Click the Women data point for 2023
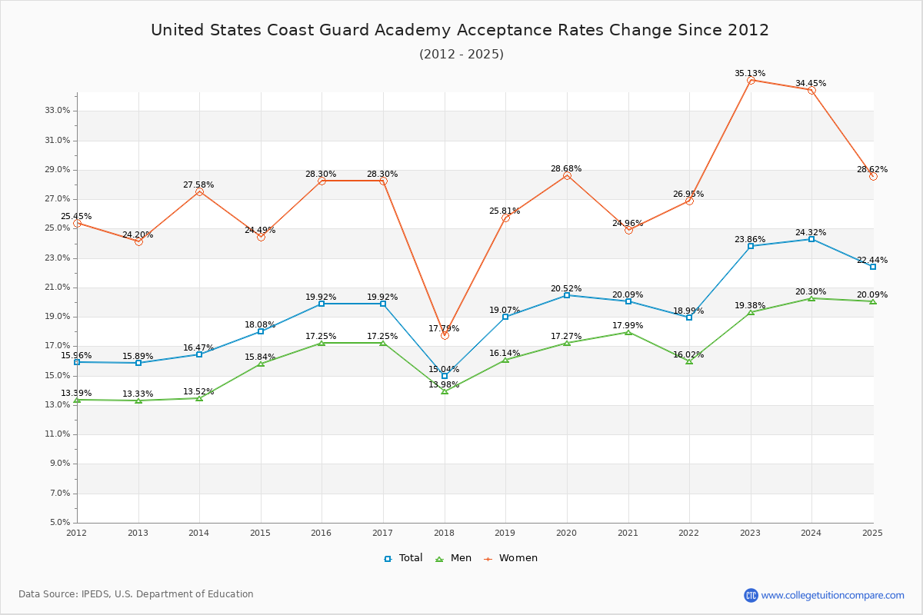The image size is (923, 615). [x=751, y=80]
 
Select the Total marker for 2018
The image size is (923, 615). [x=445, y=376]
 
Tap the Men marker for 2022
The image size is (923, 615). [x=689, y=361]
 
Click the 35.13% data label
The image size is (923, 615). [x=750, y=74]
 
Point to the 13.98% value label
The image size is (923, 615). [x=444, y=385]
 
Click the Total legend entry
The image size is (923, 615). [x=404, y=558]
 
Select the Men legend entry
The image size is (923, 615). [x=455, y=558]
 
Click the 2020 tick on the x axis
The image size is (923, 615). [x=567, y=533]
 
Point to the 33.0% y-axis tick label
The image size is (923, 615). [x=58, y=111]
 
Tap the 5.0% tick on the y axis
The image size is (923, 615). [x=60, y=523]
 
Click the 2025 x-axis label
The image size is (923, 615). [x=872, y=533]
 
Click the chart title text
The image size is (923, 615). [x=460, y=30]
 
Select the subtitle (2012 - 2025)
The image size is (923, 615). [x=461, y=55]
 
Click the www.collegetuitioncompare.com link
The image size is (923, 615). [x=832, y=595]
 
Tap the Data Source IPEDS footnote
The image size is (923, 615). [x=136, y=594]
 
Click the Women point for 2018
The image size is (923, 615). [x=445, y=335]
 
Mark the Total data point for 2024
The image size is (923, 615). [x=811, y=239]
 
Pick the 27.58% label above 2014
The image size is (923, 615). [x=198, y=185]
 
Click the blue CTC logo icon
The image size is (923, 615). [x=751, y=595]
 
